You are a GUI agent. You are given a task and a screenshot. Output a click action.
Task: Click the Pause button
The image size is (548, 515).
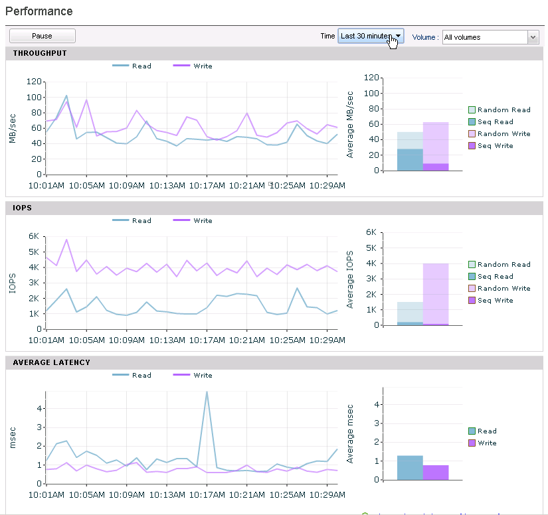click(x=43, y=36)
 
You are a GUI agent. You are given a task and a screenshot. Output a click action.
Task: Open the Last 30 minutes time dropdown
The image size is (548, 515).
click(x=371, y=36)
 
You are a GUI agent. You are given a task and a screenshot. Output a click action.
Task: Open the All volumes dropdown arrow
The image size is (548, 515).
click(x=533, y=37)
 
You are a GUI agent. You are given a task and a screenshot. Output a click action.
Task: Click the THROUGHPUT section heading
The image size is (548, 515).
click(x=40, y=53)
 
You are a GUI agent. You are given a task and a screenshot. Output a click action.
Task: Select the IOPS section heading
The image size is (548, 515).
click(x=23, y=208)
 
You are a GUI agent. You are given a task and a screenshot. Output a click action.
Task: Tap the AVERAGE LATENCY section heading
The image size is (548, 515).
click(x=51, y=362)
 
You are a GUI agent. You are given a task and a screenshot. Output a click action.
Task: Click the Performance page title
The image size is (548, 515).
click(x=39, y=11)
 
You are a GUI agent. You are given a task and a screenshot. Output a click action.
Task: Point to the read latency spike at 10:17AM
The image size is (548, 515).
click(x=207, y=392)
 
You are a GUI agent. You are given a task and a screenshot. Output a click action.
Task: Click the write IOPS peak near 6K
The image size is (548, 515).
click(x=66, y=240)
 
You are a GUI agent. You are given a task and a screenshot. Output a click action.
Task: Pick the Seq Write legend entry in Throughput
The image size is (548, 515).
click(x=491, y=145)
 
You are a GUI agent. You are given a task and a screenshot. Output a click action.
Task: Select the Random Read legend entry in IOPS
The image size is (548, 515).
click(x=500, y=264)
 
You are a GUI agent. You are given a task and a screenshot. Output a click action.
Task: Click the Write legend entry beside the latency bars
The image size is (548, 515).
click(x=483, y=443)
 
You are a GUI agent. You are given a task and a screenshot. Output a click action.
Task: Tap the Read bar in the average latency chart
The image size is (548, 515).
click(x=410, y=467)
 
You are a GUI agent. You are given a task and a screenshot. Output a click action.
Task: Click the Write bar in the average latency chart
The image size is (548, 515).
click(x=436, y=473)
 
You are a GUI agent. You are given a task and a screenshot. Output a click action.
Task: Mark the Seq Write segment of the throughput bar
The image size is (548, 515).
click(x=436, y=167)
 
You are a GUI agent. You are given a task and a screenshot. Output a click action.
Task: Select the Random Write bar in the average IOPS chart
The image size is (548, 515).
click(x=436, y=293)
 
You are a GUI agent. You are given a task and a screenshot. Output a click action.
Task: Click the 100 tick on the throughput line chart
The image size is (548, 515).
click(x=34, y=97)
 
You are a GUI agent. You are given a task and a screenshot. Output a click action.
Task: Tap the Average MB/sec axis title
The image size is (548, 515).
click(x=350, y=125)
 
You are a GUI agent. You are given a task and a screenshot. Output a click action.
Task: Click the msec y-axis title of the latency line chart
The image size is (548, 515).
click(x=13, y=438)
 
